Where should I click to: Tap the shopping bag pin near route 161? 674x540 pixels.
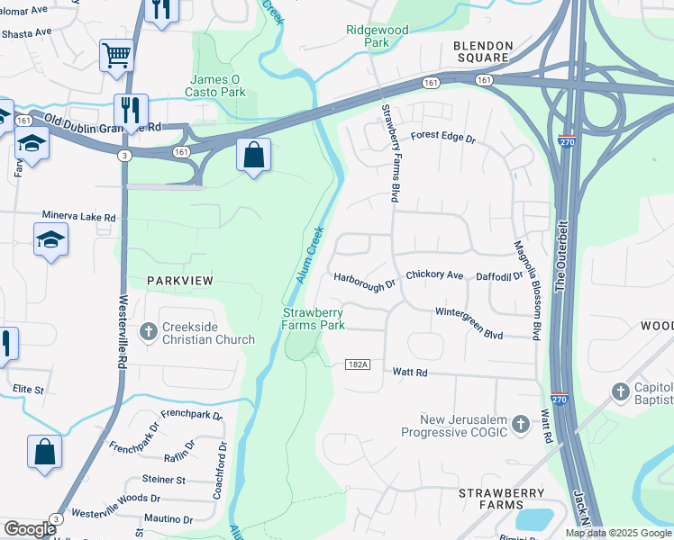coord(254,155)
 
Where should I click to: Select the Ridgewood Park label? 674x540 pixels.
coord(378,36)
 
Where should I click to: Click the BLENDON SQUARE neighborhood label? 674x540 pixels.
coord(483,52)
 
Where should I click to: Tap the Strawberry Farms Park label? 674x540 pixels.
coord(313,319)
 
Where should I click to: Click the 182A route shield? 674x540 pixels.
coord(357,364)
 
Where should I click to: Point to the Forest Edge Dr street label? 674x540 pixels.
coord(442,138)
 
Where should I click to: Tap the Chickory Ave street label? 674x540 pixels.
coord(434,274)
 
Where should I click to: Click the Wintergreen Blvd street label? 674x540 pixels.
coord(469,322)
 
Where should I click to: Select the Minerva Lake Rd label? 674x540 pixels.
coord(79,217)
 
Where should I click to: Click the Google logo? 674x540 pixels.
coord(30,529)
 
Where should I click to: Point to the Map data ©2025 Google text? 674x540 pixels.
coord(617,533)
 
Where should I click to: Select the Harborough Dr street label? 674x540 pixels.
coord(365,283)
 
